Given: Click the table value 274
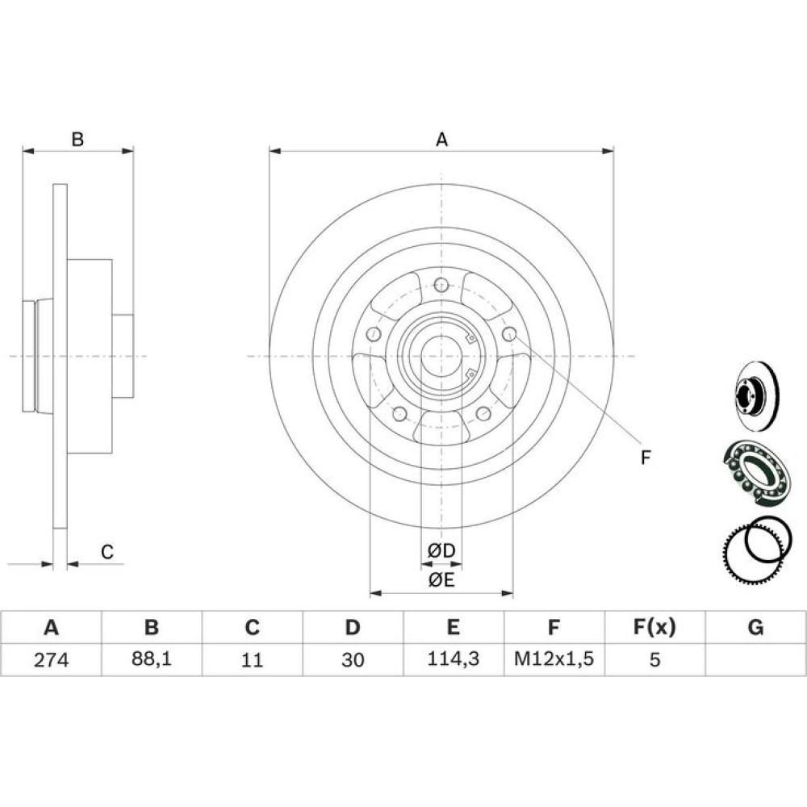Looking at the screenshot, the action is coord(51,659).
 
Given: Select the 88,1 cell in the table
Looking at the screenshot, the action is coord(152,659).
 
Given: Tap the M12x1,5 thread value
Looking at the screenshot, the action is coord(554,659).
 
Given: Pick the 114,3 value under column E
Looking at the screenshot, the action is coord(454,659).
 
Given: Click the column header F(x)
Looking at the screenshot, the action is coord(654,627).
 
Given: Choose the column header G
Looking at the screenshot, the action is coord(755,627).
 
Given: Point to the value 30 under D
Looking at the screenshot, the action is coord(353,659).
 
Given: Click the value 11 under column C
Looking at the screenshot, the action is coord(252,659).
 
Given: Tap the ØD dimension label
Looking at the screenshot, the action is coord(441,550).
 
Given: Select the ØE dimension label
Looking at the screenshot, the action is coord(441,580).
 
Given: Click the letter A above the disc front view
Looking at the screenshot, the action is coord(441,140).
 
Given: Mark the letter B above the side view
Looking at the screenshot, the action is coord(77,140).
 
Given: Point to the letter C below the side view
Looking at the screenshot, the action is coord(107,552).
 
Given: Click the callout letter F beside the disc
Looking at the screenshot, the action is coord(646,457).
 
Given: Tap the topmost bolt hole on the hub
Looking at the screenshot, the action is coord(441,284).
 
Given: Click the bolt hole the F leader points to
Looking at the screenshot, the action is coord(509,333).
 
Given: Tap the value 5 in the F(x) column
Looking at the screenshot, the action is coord(654,659).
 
